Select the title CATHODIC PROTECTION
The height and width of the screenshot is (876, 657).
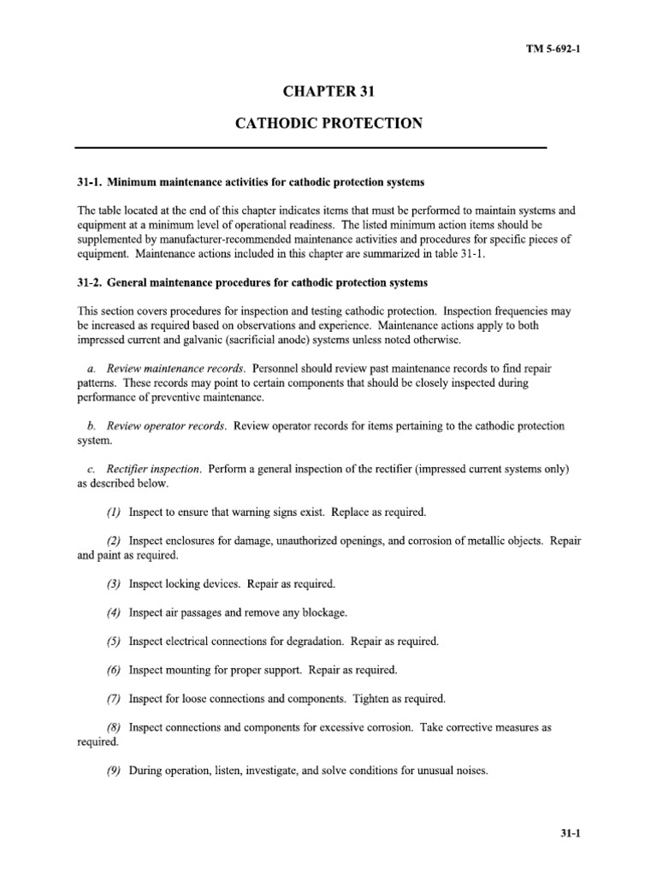point(328,123)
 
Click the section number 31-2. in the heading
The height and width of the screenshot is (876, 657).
point(90,283)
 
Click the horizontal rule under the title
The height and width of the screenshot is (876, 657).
point(328,148)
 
